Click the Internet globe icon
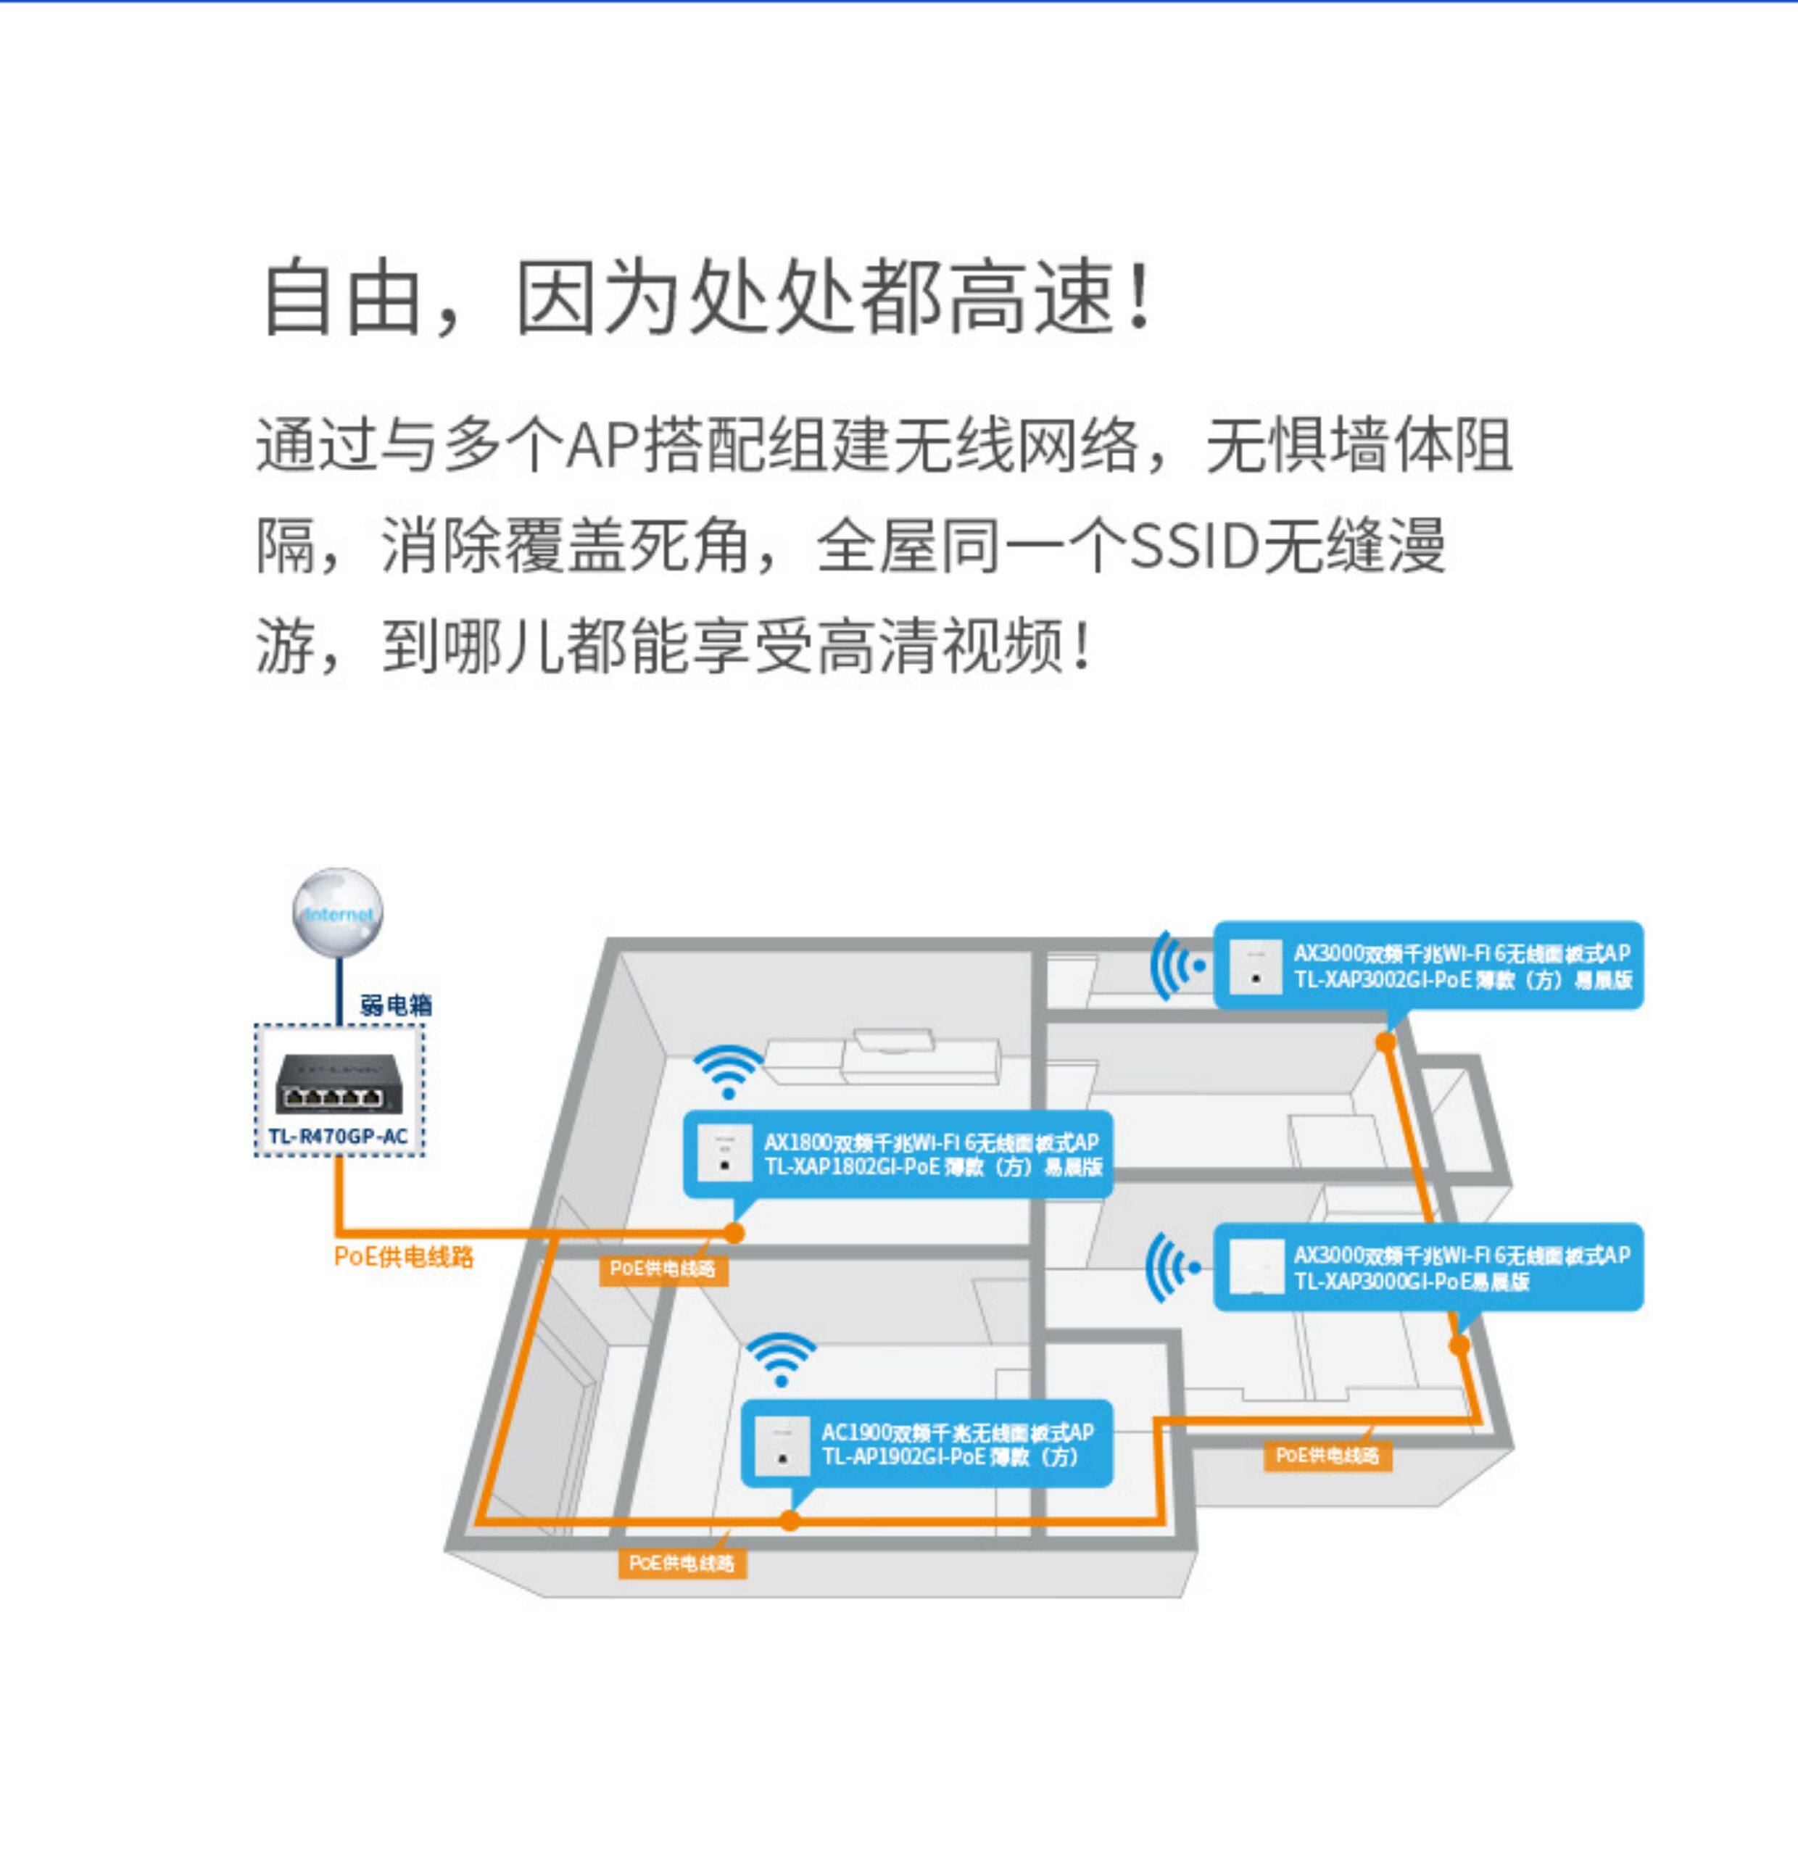(338, 911)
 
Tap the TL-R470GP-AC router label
(338, 1136)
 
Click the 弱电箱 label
(395, 1004)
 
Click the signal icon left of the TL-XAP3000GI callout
(1174, 1267)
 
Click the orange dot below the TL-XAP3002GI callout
(1385, 1042)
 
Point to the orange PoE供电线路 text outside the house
(403, 1255)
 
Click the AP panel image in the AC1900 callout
(782, 1445)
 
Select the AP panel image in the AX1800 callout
(724, 1154)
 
